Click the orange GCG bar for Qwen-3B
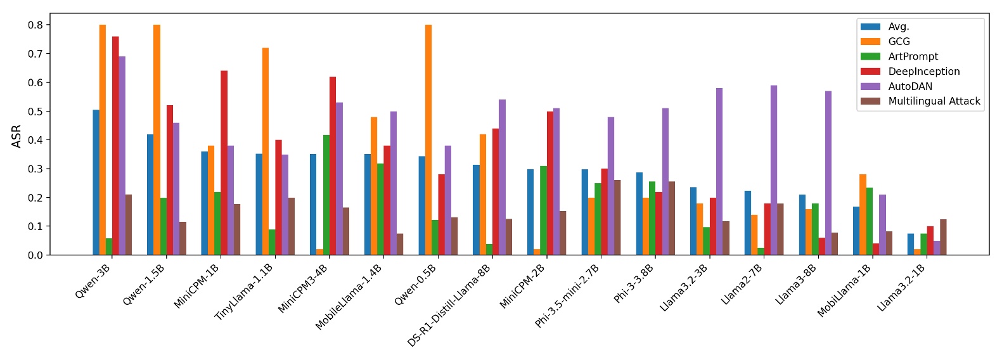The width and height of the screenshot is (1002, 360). coord(103,139)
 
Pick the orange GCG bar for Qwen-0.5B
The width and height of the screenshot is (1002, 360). coord(428,139)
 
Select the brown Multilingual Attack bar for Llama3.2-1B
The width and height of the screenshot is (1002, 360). coord(943,237)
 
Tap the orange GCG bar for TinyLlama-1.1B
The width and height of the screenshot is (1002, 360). coord(266,151)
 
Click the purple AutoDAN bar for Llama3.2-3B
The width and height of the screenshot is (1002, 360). coord(719,171)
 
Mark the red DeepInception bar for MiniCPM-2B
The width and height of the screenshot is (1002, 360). coord(550,183)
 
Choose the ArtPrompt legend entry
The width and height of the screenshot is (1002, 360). coord(913,56)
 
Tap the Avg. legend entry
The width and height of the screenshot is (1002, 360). coord(899,27)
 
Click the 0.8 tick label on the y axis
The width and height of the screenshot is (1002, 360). coord(35,25)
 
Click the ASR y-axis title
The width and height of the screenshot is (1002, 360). coord(16,136)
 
